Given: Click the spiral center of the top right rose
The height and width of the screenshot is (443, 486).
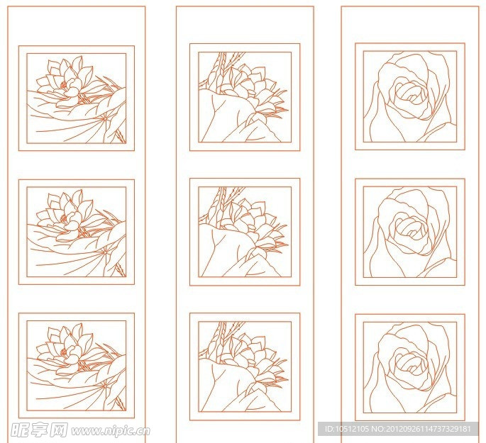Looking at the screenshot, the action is pos(412,92).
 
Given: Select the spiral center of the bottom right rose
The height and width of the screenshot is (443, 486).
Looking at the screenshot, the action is pos(412,363).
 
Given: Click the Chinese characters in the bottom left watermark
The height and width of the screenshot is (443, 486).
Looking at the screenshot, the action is pos(39,430).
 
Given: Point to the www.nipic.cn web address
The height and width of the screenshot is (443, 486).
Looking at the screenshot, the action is pos(111,431).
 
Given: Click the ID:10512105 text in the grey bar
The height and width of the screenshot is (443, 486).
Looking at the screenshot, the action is pos(346,429).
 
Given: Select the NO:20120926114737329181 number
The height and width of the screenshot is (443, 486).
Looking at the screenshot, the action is pos(421,429).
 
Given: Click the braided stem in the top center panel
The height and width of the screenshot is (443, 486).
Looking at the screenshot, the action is pos(221,67).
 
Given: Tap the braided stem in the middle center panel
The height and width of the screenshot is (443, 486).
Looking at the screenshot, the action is pos(221,201).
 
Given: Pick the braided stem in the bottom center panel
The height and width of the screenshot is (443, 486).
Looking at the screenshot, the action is pos(221,336).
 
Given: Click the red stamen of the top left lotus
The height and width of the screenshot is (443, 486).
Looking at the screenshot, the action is pos(64,84).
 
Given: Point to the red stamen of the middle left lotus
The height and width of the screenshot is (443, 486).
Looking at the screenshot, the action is pos(64,218).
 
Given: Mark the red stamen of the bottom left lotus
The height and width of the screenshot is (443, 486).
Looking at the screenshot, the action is pos(64,352).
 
